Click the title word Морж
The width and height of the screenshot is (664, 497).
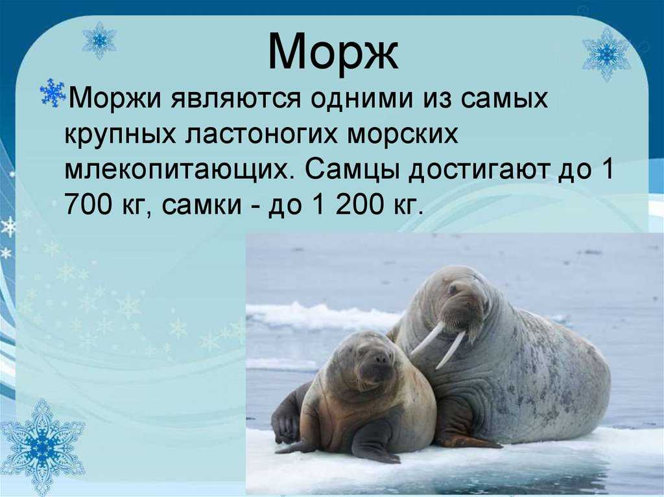tap(333, 52)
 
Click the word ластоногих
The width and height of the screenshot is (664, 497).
tap(261, 135)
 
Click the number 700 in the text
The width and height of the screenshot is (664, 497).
tap(88, 205)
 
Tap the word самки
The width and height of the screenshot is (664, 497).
tap(202, 205)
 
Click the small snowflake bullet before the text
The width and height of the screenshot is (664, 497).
tap(53, 93)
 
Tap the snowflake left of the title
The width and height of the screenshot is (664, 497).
tap(99, 40)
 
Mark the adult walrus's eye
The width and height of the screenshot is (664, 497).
tap(453, 289)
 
